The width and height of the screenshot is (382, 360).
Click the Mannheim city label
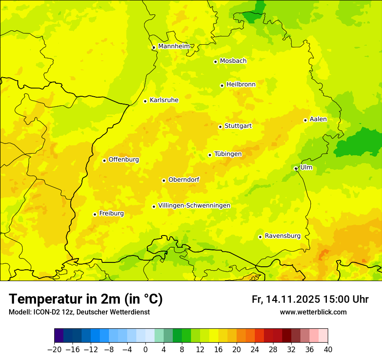174,46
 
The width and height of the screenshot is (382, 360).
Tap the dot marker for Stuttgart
220,127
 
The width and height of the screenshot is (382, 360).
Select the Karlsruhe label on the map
164,100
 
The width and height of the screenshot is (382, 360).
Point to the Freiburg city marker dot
95,214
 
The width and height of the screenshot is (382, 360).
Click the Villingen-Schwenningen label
194,206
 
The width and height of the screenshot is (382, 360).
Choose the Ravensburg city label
283,236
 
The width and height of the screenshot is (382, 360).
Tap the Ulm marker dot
296,169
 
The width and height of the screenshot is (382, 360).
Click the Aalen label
318,119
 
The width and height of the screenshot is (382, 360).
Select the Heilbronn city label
241,85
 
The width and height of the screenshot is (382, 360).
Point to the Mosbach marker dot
215,62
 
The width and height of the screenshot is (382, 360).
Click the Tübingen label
228,154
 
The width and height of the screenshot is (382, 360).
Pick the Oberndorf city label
184,180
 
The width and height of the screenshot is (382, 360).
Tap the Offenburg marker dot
104,160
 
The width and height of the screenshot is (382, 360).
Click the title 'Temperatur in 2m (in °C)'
86,299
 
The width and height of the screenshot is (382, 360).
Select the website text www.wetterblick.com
313,312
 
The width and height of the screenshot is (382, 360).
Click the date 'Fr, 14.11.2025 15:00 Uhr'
310,299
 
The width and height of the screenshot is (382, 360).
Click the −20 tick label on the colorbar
54,350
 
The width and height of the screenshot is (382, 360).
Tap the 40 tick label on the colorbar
328,350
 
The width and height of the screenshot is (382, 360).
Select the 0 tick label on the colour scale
145,350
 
